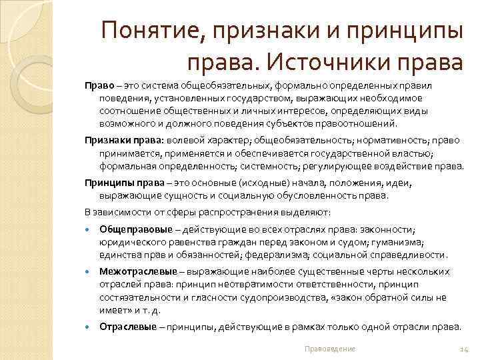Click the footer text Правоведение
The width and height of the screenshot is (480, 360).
click(x=329, y=349)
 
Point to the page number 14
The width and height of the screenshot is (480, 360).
click(x=465, y=349)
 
